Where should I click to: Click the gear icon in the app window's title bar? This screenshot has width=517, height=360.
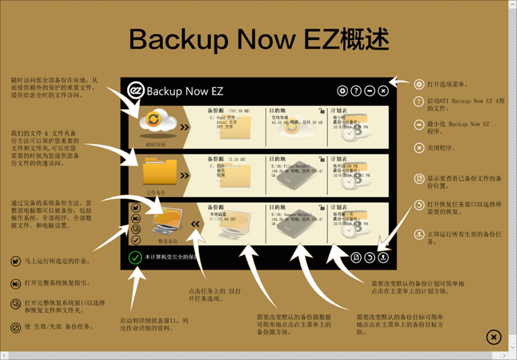pyautogui.click(x=342, y=91)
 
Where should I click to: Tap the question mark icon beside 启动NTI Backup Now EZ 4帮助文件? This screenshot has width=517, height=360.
pyautogui.click(x=419, y=101)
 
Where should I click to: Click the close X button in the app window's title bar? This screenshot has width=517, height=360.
pyautogui.click(x=383, y=91)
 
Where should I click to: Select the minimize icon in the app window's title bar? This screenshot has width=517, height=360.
pyautogui.click(x=370, y=91)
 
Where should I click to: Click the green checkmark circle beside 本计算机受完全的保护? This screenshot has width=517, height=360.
pyautogui.click(x=135, y=258)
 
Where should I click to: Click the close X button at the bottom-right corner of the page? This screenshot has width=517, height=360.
pyautogui.click(x=494, y=337)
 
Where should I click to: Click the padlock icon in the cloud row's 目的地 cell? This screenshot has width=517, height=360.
pyautogui.click(x=321, y=110)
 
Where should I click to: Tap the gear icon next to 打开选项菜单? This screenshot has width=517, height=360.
pyautogui.click(x=419, y=84)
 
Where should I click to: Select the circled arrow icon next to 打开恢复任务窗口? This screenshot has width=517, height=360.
pyautogui.click(x=419, y=205)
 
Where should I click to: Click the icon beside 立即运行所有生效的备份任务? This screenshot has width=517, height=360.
pyautogui.click(x=419, y=234)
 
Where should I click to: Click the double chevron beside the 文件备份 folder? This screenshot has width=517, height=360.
pyautogui.click(x=185, y=176)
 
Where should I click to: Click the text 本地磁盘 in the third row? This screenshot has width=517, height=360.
pyautogui.click(x=219, y=214)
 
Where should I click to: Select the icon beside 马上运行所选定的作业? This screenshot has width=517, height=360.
pyautogui.click(x=15, y=261)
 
